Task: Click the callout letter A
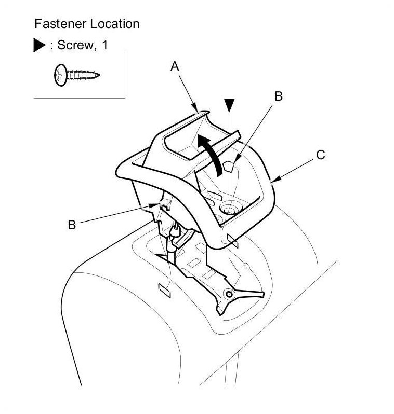click(x=175, y=66)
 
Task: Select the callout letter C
click(x=321, y=155)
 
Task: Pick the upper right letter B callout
click(x=279, y=96)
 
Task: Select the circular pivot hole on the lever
click(x=228, y=295)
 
